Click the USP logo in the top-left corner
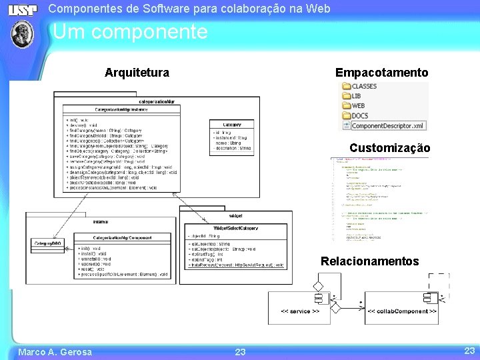[x=23, y=10]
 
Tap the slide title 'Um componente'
[x=130, y=32]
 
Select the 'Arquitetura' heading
[x=137, y=72]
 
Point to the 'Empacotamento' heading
[x=381, y=72]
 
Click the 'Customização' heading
[x=389, y=148]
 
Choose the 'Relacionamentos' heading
[x=369, y=261]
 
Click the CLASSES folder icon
[x=346, y=87]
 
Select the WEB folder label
[x=358, y=105]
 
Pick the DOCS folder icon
[x=346, y=115]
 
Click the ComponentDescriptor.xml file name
[x=387, y=125]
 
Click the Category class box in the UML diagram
[x=231, y=137]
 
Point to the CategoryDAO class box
[x=48, y=244]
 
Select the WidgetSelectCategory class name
[x=235, y=229]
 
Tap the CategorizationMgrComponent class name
[x=122, y=237]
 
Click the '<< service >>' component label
[x=299, y=311]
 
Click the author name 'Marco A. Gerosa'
[x=55, y=352]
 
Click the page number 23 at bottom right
[x=469, y=351]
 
